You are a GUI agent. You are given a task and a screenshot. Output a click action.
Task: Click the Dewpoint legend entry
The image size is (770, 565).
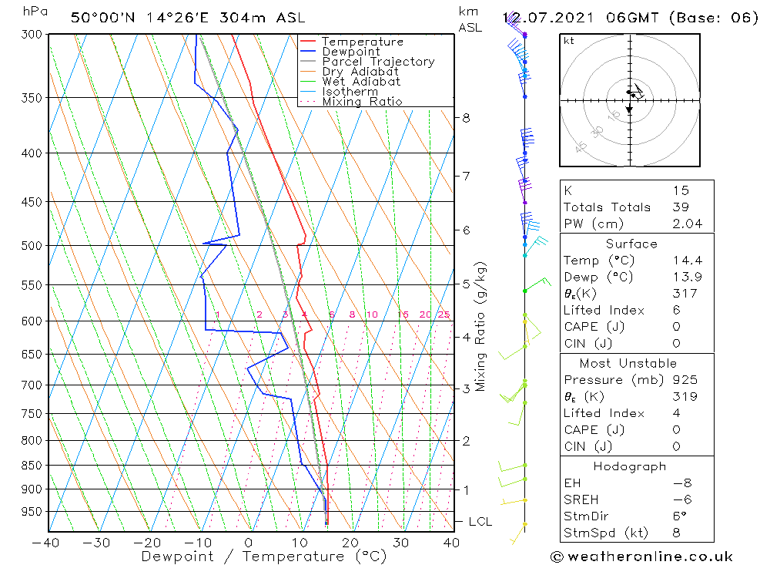click(350, 52)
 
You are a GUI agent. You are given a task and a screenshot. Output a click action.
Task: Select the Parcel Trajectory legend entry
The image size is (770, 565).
click(377, 62)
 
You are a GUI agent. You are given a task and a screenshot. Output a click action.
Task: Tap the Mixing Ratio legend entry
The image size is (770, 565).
click(362, 101)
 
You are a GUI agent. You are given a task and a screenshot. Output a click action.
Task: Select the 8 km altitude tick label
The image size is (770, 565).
click(466, 118)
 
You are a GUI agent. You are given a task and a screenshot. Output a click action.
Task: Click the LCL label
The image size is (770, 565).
click(480, 522)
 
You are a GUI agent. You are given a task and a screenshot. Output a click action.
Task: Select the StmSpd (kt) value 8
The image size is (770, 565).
click(677, 533)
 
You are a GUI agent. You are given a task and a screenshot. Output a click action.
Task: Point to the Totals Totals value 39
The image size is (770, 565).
click(680, 207)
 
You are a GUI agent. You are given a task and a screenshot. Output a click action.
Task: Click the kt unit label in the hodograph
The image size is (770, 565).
click(569, 40)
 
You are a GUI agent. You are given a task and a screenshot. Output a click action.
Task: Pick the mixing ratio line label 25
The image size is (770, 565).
click(444, 314)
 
